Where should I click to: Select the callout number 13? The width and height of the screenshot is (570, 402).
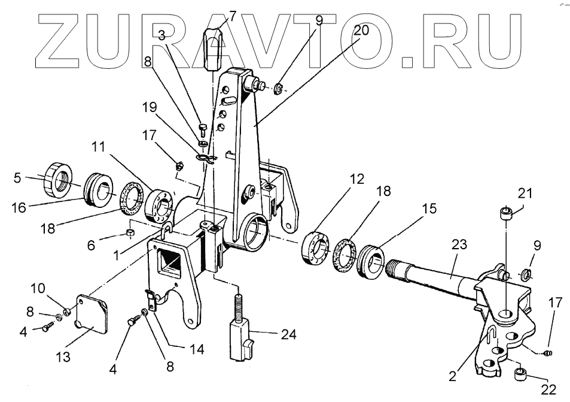(63, 358)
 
